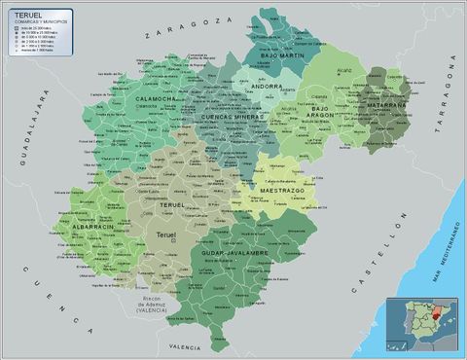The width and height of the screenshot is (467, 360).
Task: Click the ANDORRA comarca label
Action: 267,87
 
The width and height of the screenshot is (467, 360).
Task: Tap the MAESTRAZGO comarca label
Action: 282,191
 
